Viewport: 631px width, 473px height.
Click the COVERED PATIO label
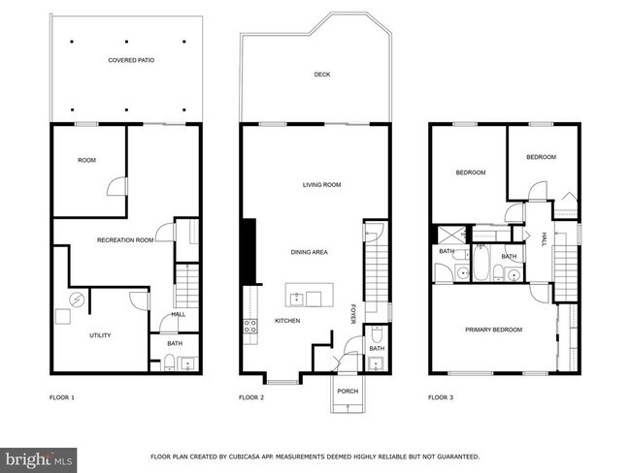131,60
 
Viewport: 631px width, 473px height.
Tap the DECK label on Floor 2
322,75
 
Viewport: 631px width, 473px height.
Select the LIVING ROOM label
321,185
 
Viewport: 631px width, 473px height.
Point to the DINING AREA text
309,252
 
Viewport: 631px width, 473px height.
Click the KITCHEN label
287,321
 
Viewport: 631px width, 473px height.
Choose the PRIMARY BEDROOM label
494,330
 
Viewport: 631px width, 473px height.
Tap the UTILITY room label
100,335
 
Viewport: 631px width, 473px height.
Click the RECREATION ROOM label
125,240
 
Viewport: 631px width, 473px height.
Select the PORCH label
348,391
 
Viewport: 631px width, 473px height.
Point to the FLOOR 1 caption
62,397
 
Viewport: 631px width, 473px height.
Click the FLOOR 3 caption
441,397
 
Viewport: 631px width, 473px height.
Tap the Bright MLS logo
38,460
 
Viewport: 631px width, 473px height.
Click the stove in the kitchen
249,326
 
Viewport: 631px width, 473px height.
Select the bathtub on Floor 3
481,263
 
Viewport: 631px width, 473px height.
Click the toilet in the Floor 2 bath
377,333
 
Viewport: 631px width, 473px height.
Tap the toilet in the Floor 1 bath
169,363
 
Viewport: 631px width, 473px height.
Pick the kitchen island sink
297,300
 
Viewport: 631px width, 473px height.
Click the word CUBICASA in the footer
245,457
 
